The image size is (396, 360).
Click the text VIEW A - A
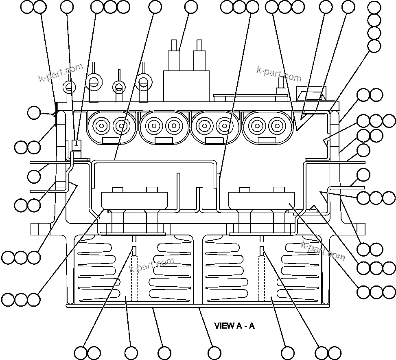tap(234, 326)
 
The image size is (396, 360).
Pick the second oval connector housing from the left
tap(164, 127)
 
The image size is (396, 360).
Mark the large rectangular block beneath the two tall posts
tap(186, 86)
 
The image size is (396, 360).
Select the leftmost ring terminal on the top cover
tap(69, 87)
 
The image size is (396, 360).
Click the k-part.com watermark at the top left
tap(61, 72)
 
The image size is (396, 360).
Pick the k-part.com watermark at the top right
tap(279, 74)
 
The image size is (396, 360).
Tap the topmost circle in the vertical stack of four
tap(374, 7)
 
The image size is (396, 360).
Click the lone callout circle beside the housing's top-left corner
tap(34, 113)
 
